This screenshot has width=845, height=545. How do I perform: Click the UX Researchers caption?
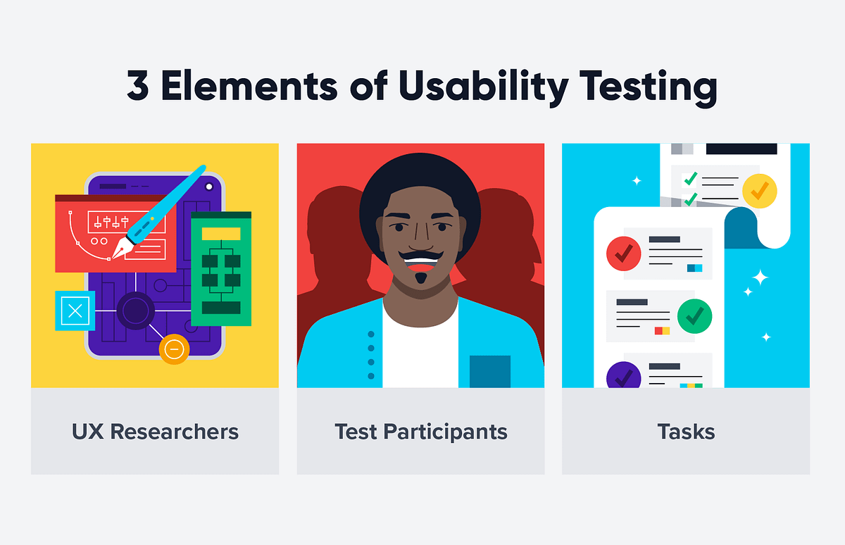(x=155, y=432)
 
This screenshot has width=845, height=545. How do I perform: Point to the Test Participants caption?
(x=420, y=432)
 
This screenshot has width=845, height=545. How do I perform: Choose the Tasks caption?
(x=686, y=432)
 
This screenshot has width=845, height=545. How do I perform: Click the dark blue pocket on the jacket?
(x=489, y=371)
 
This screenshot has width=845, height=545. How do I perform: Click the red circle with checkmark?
(x=623, y=253)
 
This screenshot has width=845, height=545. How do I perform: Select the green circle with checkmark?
(x=694, y=317)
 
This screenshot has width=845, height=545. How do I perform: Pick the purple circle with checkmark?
(x=623, y=375)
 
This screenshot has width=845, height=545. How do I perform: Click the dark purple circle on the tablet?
(x=135, y=311)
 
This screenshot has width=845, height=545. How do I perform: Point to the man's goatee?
(x=420, y=278)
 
